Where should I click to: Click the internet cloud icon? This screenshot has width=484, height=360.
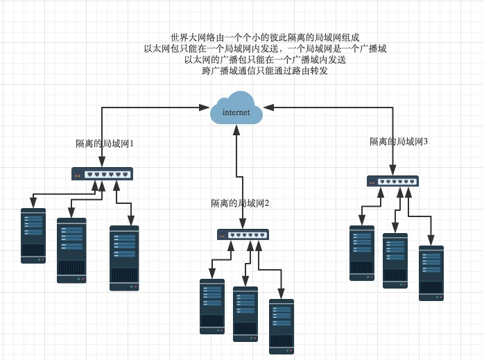click(236, 112)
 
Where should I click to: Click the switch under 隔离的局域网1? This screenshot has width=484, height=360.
click(103, 173)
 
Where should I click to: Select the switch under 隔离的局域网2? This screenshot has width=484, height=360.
click(242, 234)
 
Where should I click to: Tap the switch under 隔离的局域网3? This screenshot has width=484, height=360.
click(392, 181)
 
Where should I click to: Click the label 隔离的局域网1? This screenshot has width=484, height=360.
click(104, 144)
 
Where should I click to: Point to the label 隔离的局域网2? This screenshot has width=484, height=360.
click(239, 203)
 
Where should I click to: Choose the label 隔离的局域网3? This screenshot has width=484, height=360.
click(399, 142)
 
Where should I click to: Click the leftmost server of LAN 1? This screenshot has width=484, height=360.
click(33, 235)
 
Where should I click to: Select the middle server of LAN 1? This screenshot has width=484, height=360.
click(71, 250)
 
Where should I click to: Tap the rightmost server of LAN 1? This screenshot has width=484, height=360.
click(124, 257)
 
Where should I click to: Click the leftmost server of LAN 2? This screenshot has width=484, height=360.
click(212, 306)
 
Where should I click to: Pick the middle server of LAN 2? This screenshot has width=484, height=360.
click(245, 314)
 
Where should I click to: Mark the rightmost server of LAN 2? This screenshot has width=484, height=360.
click(282, 326)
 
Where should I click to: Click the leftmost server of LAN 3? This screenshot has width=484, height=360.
click(361, 252)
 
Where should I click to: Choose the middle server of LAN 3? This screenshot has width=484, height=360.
click(395, 260)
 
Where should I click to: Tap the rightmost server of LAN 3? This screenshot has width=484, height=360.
click(431, 273)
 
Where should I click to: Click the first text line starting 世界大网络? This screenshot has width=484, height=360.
click(265, 37)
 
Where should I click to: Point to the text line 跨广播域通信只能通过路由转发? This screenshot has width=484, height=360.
click(265, 71)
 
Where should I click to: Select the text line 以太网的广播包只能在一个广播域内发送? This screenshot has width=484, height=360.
click(265, 60)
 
